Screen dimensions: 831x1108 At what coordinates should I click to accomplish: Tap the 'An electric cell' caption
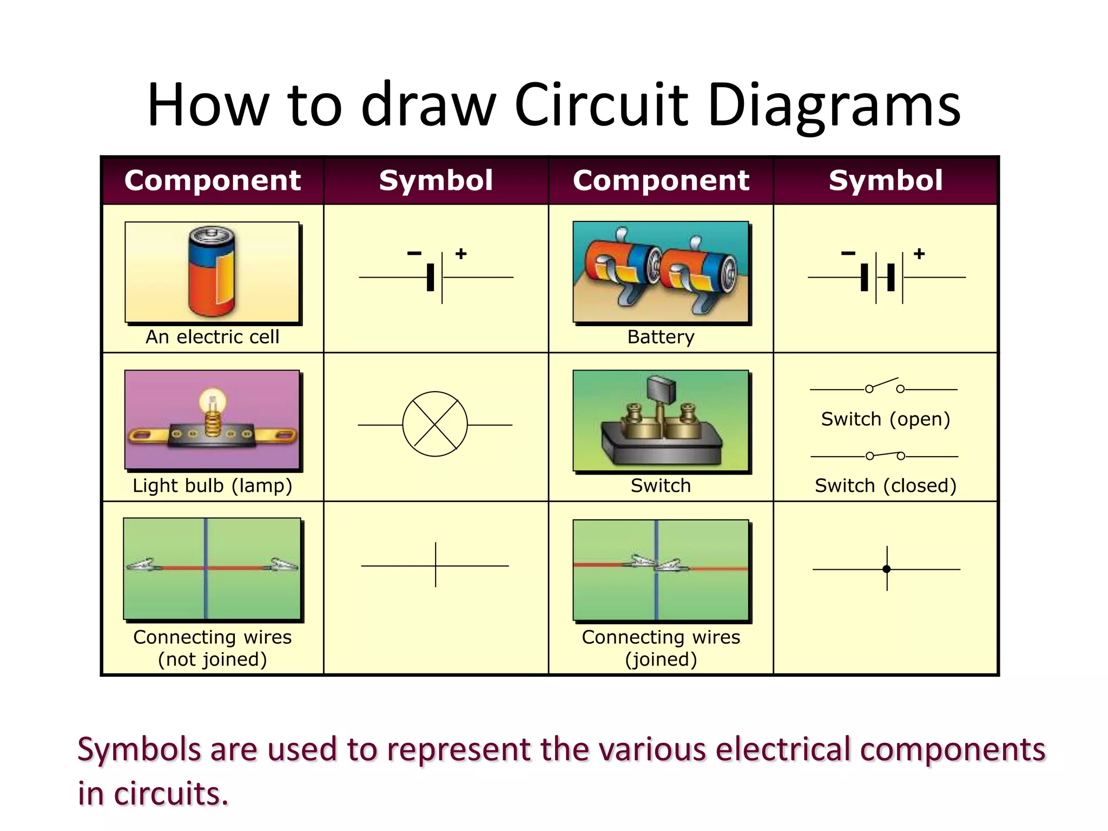tap(212, 337)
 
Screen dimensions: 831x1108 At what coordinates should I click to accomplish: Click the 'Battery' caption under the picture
tap(661, 337)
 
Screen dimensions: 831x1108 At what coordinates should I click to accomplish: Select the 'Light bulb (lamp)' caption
tap(212, 486)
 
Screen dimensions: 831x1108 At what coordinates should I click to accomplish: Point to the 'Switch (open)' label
tap(886, 419)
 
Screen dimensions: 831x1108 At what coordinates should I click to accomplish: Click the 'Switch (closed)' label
tap(886, 486)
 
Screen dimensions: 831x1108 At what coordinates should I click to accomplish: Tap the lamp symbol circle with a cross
tap(435, 425)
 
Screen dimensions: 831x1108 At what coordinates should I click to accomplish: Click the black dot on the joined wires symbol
tap(886, 569)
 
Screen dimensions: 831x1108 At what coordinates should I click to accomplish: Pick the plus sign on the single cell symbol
tap(461, 253)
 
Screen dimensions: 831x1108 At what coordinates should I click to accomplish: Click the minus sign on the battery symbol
tap(848, 253)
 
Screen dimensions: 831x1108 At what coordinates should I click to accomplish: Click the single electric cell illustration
tap(212, 272)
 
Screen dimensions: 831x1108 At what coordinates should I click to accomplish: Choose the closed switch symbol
tap(884, 456)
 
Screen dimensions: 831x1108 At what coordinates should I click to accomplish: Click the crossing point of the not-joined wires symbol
tap(436, 566)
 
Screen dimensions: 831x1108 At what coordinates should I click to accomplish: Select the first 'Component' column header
tap(212, 180)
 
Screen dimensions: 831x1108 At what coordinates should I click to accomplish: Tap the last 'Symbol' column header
tap(886, 180)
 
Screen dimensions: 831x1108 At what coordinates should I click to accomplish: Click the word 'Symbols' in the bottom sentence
tap(139, 750)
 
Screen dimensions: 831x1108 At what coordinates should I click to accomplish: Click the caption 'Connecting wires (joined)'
tap(661, 648)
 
